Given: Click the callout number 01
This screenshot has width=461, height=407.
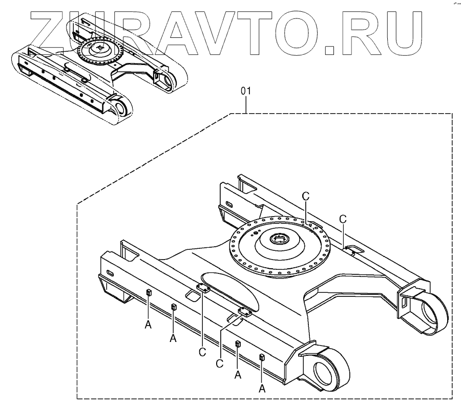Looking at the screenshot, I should (x=246, y=92).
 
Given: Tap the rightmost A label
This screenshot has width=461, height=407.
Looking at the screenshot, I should (x=262, y=388).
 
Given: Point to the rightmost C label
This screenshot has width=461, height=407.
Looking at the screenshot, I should (x=343, y=219).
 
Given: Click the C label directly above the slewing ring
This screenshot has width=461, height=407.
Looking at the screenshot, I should (x=305, y=197).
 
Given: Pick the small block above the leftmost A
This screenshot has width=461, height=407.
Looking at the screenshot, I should (x=149, y=292).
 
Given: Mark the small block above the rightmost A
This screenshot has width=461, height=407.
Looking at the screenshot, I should (x=262, y=357).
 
